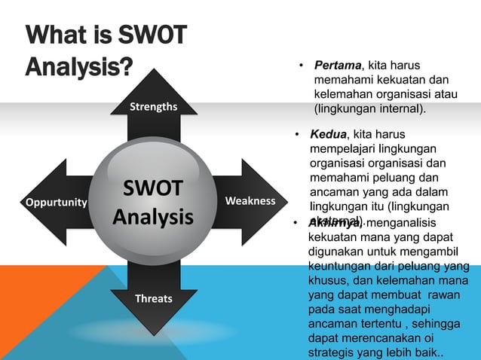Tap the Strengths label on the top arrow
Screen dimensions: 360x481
click(153, 106)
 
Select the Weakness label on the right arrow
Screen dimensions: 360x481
click(250, 201)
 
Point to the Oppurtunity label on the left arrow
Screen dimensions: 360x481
click(57, 203)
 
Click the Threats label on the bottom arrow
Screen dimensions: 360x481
click(153, 298)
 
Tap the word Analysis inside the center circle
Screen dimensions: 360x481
click(153, 218)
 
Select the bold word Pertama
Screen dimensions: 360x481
click(339, 66)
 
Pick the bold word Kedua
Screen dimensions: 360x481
click(330, 135)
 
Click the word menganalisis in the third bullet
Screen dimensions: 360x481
click(406, 223)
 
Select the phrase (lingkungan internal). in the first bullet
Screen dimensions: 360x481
click(369, 109)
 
